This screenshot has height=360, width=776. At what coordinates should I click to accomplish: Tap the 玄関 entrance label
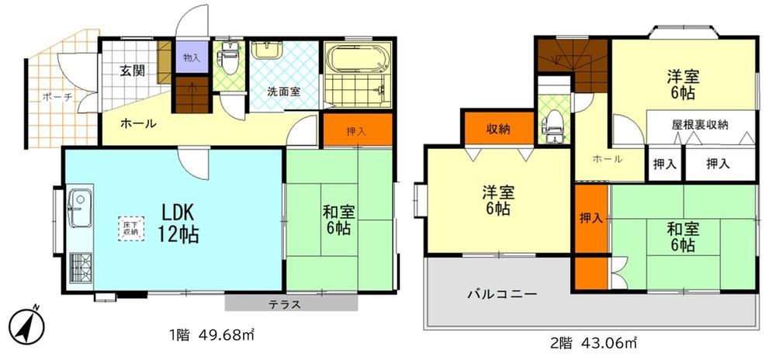133,71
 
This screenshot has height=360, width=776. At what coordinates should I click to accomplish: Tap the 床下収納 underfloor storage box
131,228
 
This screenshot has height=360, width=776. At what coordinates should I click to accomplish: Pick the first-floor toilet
229,59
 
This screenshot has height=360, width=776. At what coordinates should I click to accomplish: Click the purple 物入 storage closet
192,57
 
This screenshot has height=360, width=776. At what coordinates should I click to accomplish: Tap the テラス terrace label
285,304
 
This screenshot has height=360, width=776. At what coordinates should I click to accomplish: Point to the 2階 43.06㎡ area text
594,341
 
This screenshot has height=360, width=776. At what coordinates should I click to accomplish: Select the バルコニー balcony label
502,295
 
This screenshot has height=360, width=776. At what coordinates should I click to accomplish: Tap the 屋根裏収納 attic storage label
700,125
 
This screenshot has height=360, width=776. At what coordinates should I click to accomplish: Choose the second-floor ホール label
608,159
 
